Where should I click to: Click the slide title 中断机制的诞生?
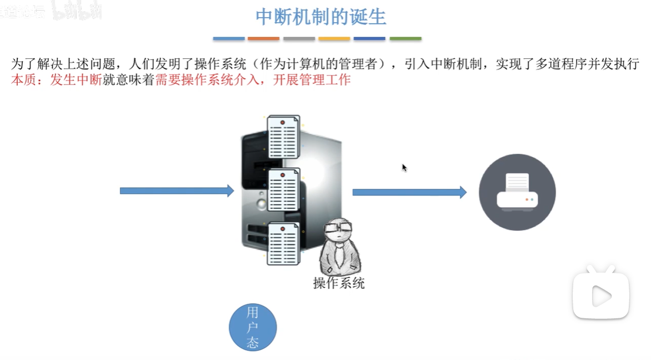tap(321, 17)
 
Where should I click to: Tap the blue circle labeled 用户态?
tap(253, 328)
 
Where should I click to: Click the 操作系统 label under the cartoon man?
tap(339, 283)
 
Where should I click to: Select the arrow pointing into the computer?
tap(177, 191)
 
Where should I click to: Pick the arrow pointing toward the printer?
tap(409, 192)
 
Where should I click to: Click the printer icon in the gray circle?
tap(517, 192)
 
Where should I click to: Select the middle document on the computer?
tap(283, 190)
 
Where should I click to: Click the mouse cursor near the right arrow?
tap(404, 167)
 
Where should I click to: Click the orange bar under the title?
tap(263, 39)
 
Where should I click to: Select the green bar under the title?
tap(405, 39)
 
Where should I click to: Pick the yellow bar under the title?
tap(334, 39)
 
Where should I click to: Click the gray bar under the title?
tap(299, 39)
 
